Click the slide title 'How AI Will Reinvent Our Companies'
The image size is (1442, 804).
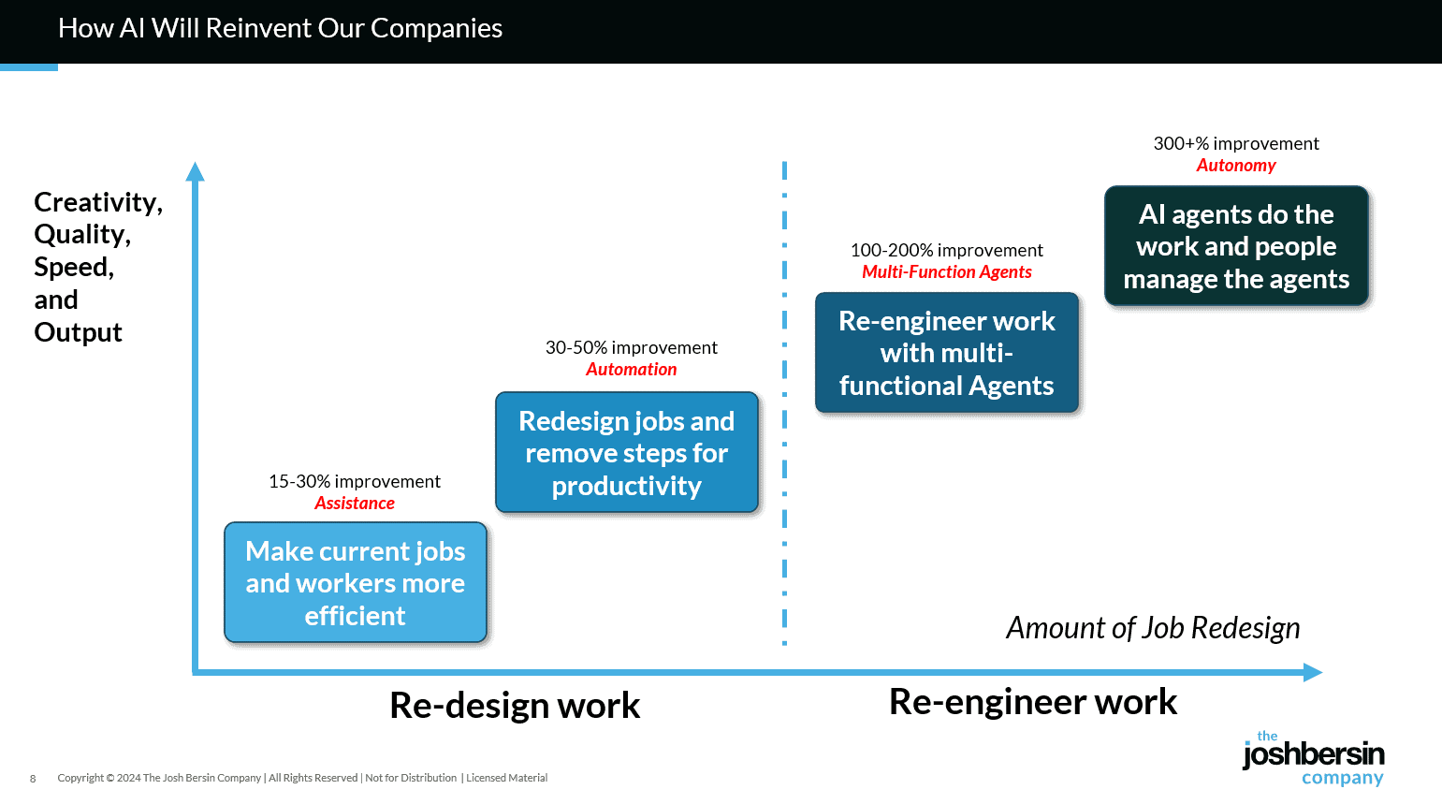click(280, 28)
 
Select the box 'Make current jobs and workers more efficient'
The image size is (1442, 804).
click(356, 582)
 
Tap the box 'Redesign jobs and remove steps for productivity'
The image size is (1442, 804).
click(626, 453)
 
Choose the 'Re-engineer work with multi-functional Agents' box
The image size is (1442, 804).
click(946, 353)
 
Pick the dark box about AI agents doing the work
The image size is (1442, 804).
click(1236, 246)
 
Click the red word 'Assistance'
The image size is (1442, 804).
click(355, 504)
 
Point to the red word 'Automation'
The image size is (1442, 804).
click(632, 370)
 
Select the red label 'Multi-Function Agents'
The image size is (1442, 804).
click(947, 272)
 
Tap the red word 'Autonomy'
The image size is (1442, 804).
click(1236, 166)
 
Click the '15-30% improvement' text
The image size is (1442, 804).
click(355, 481)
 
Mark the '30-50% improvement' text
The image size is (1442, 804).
click(632, 347)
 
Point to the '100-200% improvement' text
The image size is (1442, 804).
click(946, 250)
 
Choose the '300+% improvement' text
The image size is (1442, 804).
click(1236, 143)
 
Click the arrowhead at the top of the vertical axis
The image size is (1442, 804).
click(195, 171)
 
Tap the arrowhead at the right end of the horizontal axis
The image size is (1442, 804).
click(1313, 672)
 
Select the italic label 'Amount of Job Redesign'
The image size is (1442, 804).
click(1153, 628)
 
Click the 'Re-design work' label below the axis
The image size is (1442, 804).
click(515, 706)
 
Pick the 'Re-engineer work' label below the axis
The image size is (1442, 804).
click(1033, 702)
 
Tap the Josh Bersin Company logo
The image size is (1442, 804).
click(1313, 759)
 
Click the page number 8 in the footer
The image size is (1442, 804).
click(33, 779)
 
